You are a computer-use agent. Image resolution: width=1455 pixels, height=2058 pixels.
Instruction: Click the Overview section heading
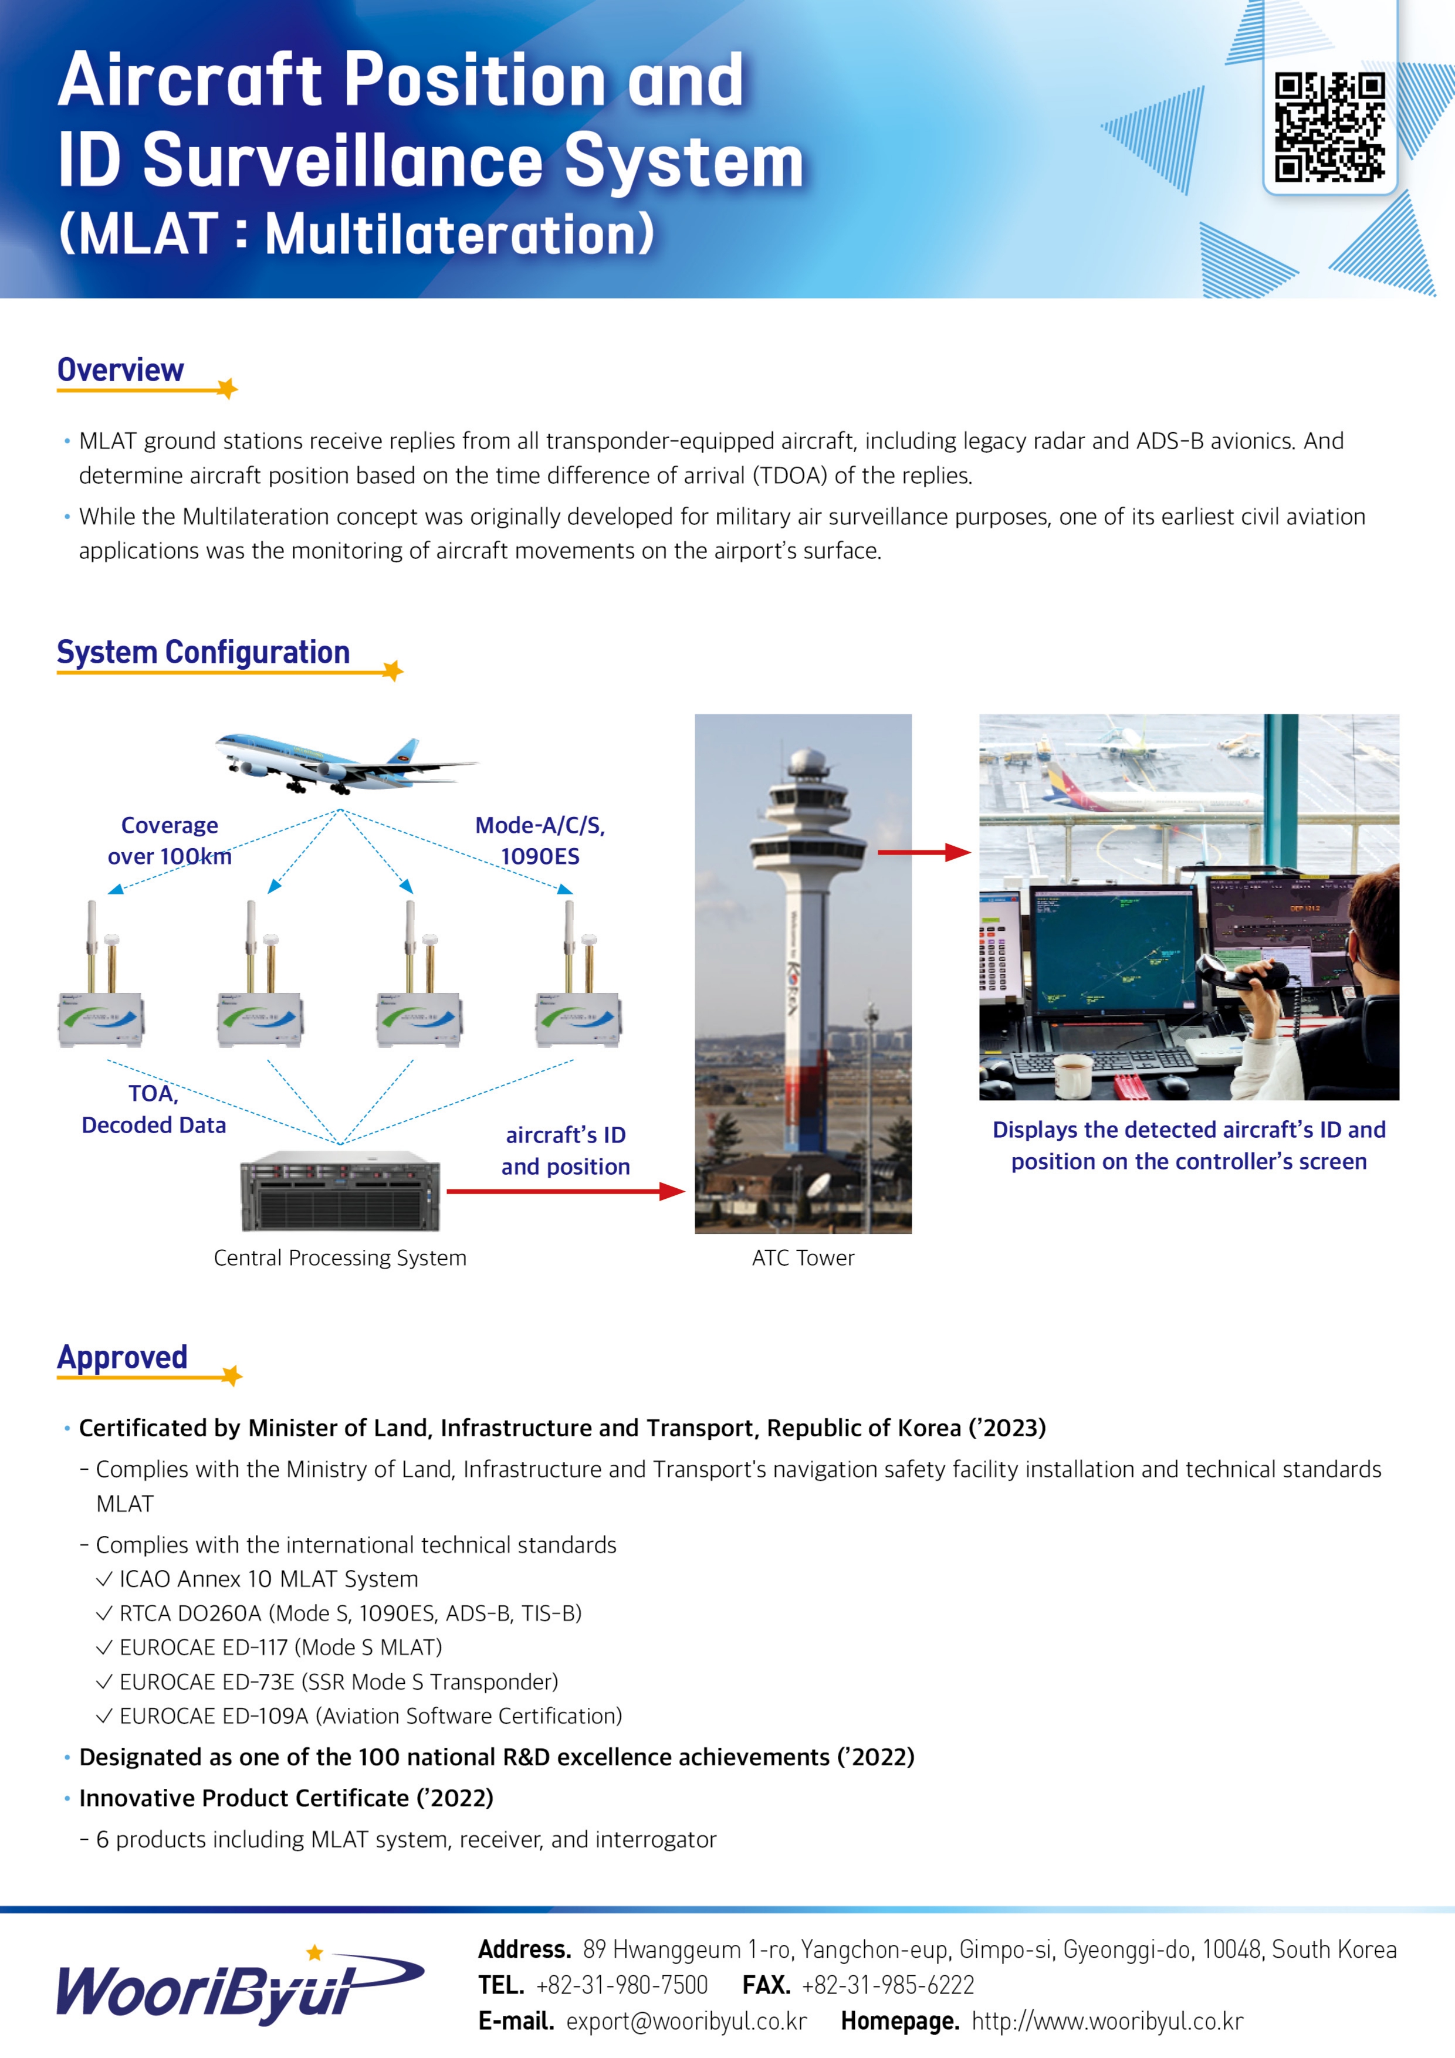(120, 370)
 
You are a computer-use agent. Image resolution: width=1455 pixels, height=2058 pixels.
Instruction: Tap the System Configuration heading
(202, 653)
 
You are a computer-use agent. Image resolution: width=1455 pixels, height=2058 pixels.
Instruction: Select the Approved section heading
(122, 1357)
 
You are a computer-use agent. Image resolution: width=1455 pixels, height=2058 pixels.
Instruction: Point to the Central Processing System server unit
(341, 1191)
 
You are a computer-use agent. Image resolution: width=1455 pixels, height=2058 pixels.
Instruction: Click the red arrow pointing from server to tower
(565, 1191)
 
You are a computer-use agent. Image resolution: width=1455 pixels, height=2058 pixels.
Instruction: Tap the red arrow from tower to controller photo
(923, 852)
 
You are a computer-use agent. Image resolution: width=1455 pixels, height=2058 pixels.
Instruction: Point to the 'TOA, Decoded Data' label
(153, 1110)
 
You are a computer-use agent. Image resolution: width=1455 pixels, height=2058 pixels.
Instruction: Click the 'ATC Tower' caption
(803, 1257)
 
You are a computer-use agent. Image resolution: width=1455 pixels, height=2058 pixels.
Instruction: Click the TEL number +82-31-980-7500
(621, 1985)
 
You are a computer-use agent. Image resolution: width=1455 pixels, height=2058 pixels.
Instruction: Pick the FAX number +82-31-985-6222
(888, 1985)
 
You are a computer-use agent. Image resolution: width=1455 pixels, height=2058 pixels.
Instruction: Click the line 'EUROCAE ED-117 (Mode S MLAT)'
(280, 1647)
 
